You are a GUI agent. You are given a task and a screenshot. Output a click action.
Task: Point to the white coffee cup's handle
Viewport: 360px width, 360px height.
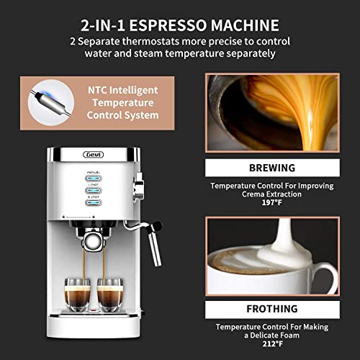[x=328, y=277]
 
